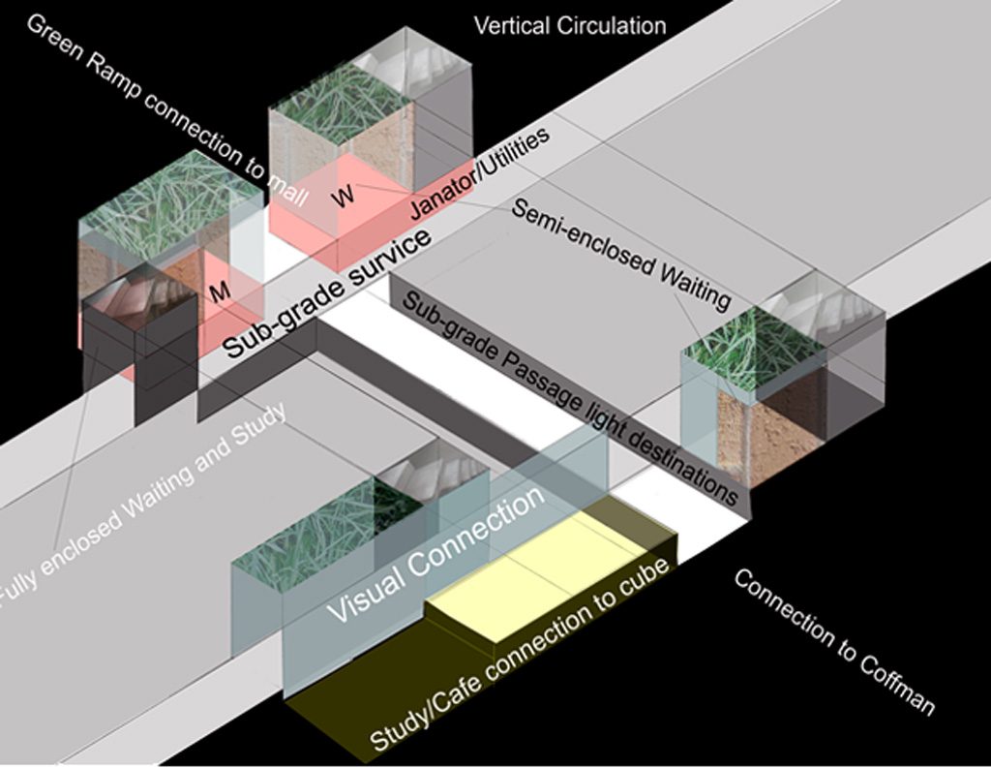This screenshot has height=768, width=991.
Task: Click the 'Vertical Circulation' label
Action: [x=569, y=26]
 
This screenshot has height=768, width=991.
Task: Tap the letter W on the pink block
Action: [x=344, y=196]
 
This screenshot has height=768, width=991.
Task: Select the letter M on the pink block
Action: [x=220, y=291]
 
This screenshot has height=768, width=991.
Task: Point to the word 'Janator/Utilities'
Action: [x=479, y=172]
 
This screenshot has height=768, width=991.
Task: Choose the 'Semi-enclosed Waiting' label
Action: [x=620, y=255]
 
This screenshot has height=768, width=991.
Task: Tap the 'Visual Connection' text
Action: [x=435, y=554]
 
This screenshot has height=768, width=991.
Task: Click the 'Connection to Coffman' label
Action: [x=834, y=641]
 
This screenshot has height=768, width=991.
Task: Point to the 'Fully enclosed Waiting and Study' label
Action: [x=143, y=507]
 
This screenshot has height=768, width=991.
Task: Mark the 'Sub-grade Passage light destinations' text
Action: [x=570, y=399]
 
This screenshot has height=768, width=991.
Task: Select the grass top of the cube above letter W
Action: [x=342, y=105]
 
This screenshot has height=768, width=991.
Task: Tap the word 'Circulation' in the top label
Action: [x=611, y=26]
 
